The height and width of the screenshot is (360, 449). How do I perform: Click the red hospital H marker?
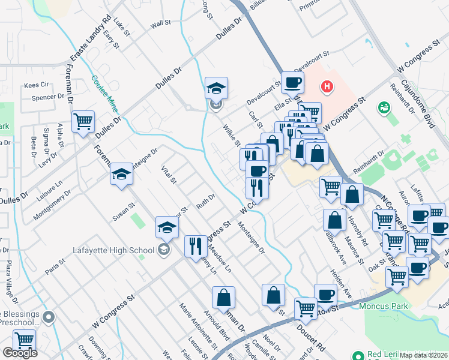coord(327,88)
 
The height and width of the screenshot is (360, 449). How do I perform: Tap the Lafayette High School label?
coord(113,250)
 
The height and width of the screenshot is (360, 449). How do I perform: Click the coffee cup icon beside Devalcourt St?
coord(292,82)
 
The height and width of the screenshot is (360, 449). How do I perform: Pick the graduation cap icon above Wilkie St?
coord(216,88)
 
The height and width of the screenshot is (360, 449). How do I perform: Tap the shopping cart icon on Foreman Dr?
coord(83,122)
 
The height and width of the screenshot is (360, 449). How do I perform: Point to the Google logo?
coord(20,353)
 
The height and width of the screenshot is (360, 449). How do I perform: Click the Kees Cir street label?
coord(35,85)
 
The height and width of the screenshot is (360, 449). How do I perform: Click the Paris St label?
coord(55,263)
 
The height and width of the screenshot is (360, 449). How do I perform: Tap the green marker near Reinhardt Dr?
coord(383,108)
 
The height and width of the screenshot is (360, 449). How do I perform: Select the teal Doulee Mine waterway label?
coord(103,94)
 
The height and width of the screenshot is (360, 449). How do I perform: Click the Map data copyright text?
coord(424,355)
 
